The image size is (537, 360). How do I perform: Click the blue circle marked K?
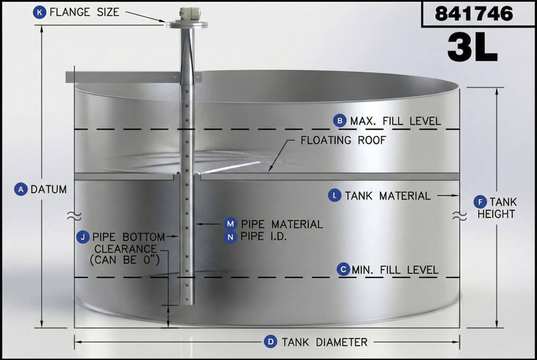click(x=40, y=12)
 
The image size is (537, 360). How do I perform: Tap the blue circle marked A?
click(x=21, y=189)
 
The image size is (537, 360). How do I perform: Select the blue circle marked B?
click(x=339, y=121)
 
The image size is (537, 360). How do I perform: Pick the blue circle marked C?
click(x=343, y=269)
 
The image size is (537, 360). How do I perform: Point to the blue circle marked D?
click(x=271, y=342)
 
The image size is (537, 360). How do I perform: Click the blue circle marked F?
click(x=480, y=202)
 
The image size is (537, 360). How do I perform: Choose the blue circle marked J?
click(x=83, y=237)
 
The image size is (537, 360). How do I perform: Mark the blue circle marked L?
click(x=335, y=196)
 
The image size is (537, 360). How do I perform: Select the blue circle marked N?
click(x=231, y=237)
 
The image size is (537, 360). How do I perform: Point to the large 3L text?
click(x=472, y=48)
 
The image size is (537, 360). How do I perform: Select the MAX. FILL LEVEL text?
click(x=395, y=121)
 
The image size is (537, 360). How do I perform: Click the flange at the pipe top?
click(x=186, y=24)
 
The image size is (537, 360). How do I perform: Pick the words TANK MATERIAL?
click(x=387, y=196)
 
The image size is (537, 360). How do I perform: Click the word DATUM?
click(x=49, y=189)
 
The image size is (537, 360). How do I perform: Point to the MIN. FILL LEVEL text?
click(x=395, y=269)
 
